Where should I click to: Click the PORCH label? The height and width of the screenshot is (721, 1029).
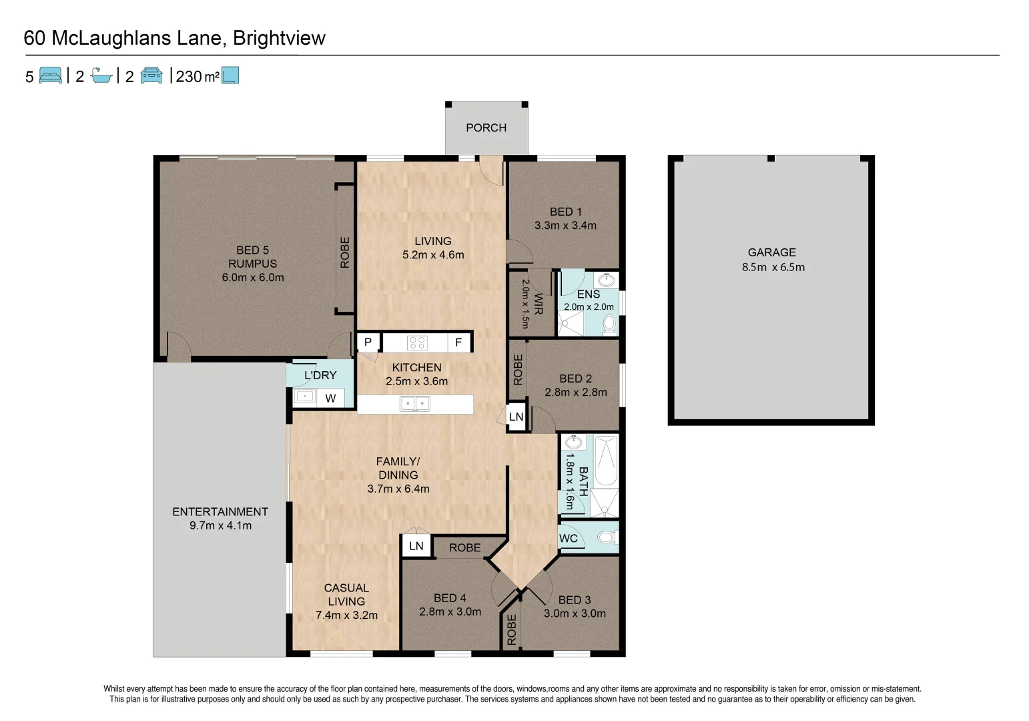pyautogui.click(x=486, y=128)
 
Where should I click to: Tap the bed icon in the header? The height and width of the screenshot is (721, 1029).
pyautogui.click(x=51, y=75)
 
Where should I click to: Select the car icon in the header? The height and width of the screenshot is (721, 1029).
pyautogui.click(x=151, y=75)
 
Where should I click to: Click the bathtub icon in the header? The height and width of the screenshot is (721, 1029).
pyautogui.click(x=101, y=75)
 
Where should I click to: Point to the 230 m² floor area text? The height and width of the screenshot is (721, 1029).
pyautogui.click(x=198, y=76)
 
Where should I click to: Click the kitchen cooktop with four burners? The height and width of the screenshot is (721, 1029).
pyautogui.click(x=417, y=342)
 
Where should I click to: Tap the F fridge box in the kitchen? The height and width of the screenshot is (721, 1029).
pyautogui.click(x=458, y=342)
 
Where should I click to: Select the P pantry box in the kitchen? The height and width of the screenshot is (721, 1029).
pyautogui.click(x=368, y=342)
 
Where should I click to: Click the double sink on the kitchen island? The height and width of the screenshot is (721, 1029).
pyautogui.click(x=415, y=403)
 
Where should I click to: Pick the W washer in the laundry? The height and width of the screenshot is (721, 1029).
pyautogui.click(x=330, y=399)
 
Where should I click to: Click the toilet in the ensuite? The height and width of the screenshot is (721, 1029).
pyautogui.click(x=609, y=324)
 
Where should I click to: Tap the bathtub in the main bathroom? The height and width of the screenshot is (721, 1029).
pyautogui.click(x=607, y=461)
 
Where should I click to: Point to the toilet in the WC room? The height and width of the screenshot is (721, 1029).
pyautogui.click(x=607, y=537)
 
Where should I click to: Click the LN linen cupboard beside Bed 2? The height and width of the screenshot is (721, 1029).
pyautogui.click(x=517, y=417)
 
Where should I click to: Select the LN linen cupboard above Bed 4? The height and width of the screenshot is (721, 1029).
pyautogui.click(x=416, y=546)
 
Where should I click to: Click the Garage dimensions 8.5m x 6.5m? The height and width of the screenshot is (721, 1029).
pyautogui.click(x=773, y=267)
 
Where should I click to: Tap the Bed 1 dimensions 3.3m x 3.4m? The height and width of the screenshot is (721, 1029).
pyautogui.click(x=565, y=226)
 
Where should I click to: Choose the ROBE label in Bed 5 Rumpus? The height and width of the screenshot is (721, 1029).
pyautogui.click(x=345, y=252)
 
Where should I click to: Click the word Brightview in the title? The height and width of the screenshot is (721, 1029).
pyautogui.click(x=280, y=38)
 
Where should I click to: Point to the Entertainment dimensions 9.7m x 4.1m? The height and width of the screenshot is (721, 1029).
pyautogui.click(x=220, y=525)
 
